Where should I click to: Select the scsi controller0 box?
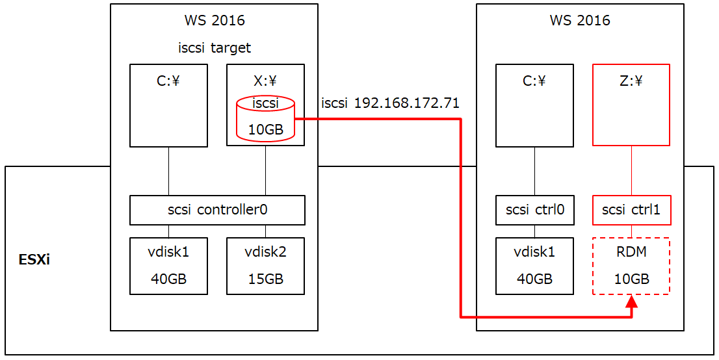[217, 210]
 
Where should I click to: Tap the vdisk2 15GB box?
[265, 266]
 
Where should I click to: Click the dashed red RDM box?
[631, 266]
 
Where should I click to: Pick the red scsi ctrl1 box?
[631, 210]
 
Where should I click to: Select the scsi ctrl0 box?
[535, 210]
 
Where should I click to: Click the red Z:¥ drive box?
[631, 105]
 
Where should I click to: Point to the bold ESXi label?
[34, 261]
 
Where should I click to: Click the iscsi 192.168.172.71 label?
[390, 103]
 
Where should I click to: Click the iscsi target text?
[215, 47]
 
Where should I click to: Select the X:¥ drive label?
[265, 81]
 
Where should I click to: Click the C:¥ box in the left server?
[169, 105]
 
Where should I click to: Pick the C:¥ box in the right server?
[535, 105]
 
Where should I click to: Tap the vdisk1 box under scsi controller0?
[169, 266]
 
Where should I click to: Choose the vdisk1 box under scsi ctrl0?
[535, 266]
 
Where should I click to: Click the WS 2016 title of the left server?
[215, 21]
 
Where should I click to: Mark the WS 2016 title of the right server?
[580, 21]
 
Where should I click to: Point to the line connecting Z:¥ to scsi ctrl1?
[631, 170]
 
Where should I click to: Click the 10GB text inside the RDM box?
[631, 279]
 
